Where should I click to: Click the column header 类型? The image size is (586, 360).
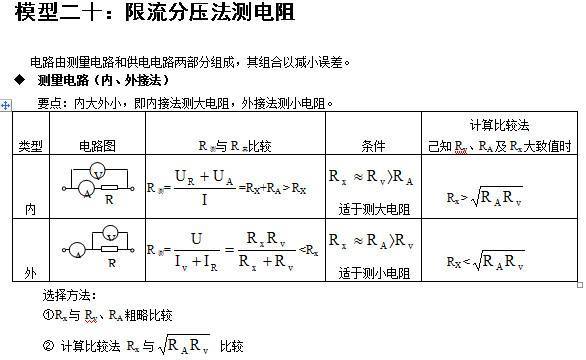coord(30,146)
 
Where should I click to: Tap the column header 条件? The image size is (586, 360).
coord(373,146)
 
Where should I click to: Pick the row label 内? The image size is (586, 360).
coord(30,209)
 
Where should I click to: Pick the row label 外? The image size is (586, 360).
coord(30,272)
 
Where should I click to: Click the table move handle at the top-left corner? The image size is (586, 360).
coord(7,104)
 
